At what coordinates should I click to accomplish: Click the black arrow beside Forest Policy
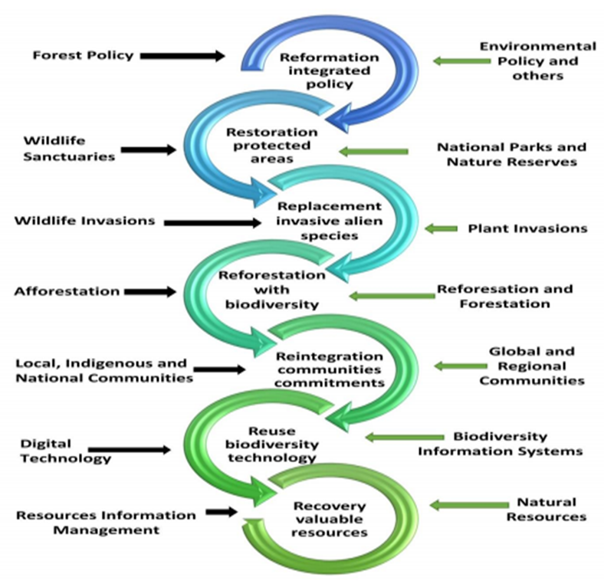(x=183, y=55)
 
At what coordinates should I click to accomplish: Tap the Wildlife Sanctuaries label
(x=69, y=149)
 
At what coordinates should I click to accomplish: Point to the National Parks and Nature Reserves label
(x=510, y=153)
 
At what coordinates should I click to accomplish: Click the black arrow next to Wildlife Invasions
(x=213, y=222)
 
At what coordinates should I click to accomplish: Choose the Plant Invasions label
(x=527, y=228)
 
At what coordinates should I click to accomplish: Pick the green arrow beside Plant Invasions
(x=439, y=228)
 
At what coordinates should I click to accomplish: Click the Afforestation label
(x=67, y=291)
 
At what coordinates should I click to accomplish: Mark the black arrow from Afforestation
(x=149, y=291)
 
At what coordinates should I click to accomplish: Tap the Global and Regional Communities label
(x=532, y=366)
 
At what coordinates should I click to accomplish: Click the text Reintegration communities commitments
(x=329, y=369)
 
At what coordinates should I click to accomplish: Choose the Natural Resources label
(x=546, y=510)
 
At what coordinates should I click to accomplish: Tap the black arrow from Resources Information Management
(x=222, y=511)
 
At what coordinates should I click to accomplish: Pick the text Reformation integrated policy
(x=329, y=71)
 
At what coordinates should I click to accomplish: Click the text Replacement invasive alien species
(x=329, y=221)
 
